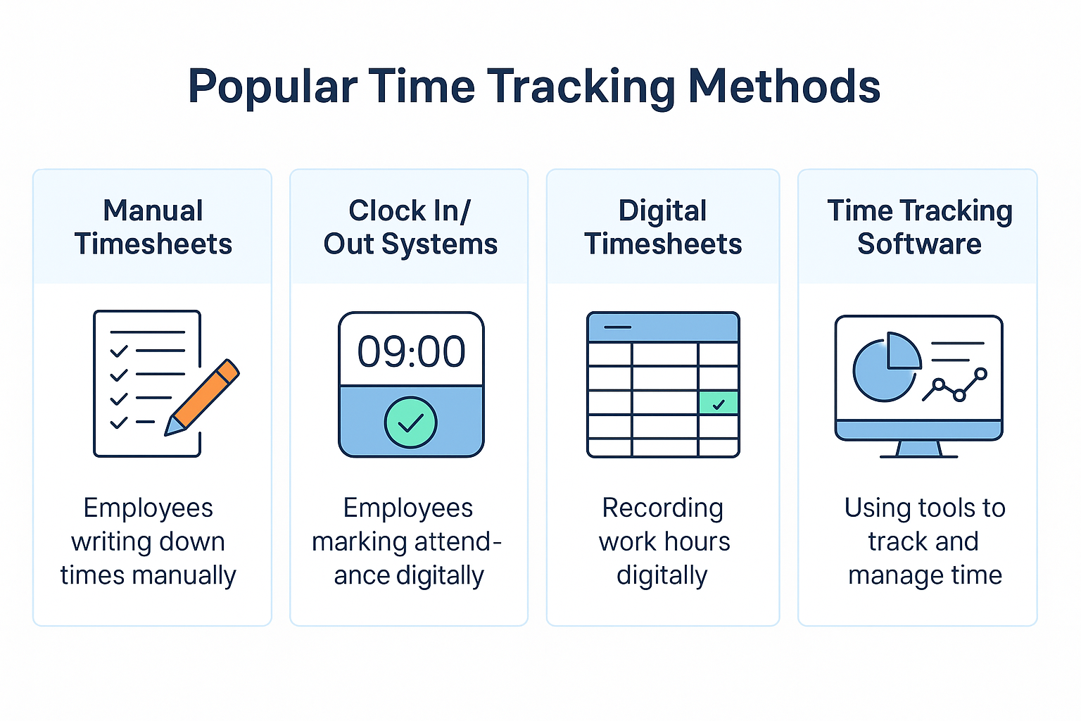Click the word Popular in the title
[x=272, y=87]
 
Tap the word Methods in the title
[x=784, y=86]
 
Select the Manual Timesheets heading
[x=153, y=227]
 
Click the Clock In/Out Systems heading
[x=410, y=227]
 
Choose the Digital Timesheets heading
[x=662, y=227]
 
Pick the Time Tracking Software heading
[x=920, y=227]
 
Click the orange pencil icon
[x=202, y=397]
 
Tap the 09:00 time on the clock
[x=411, y=351]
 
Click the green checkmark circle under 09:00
[x=411, y=422]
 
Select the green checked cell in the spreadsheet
[x=718, y=403]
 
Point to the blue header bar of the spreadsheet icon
[x=663, y=327]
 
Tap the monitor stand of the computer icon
[x=919, y=449]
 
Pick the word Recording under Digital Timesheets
[x=662, y=509]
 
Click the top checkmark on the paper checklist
[x=119, y=351]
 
